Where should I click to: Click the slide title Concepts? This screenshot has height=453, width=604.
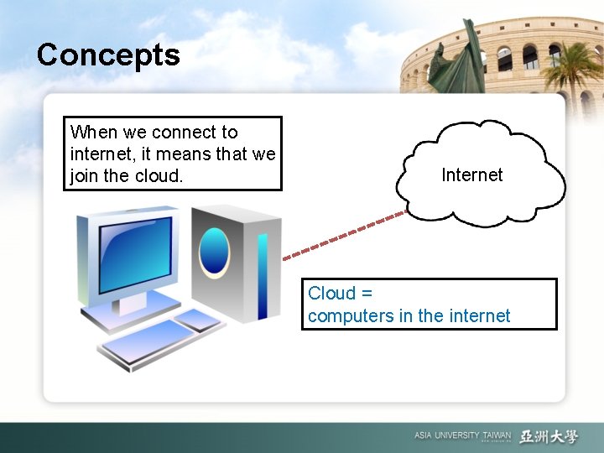pos(108,55)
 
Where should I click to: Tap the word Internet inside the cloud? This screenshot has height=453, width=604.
pos(471,174)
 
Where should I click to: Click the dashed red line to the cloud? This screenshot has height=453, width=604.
pos(344,236)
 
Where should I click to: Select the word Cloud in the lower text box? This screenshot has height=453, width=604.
pos(331,293)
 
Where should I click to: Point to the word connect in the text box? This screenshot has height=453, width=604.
pos(183,133)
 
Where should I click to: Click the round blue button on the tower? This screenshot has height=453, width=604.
pos(215,250)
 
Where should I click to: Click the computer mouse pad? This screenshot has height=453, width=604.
pos(198,320)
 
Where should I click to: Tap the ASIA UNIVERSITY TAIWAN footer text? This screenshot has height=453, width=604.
pos(461,435)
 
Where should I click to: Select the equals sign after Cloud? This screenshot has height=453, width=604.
pos(365,294)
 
